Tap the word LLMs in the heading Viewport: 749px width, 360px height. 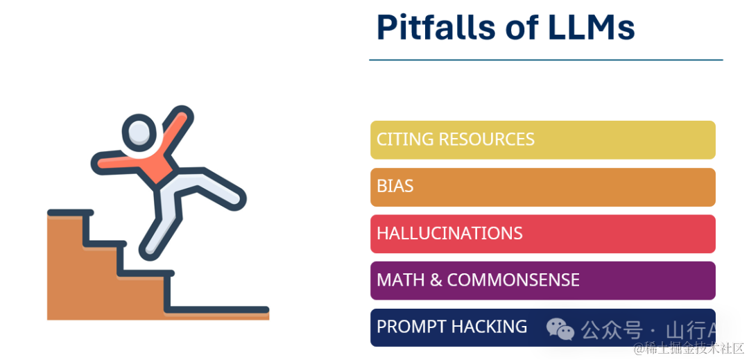[x=592, y=27]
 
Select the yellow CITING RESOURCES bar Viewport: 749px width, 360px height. [x=542, y=140]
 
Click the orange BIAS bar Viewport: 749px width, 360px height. [x=542, y=187]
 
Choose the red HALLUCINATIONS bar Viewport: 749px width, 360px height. [x=542, y=234]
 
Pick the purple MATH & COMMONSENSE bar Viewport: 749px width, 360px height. [x=542, y=281]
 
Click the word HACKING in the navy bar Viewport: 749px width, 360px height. [x=490, y=327]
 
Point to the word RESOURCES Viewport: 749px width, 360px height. [x=486, y=139]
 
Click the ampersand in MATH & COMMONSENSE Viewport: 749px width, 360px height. [x=436, y=280]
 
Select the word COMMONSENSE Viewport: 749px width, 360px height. [x=513, y=280]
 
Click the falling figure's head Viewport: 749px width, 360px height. [x=139, y=133]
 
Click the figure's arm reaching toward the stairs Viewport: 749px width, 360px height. [x=117, y=162]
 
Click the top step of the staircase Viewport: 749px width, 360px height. [x=70, y=213]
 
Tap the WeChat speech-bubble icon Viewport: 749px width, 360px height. [x=560, y=329]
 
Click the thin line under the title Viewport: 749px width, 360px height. [x=546, y=60]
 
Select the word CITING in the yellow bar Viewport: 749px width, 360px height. [x=405, y=139]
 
